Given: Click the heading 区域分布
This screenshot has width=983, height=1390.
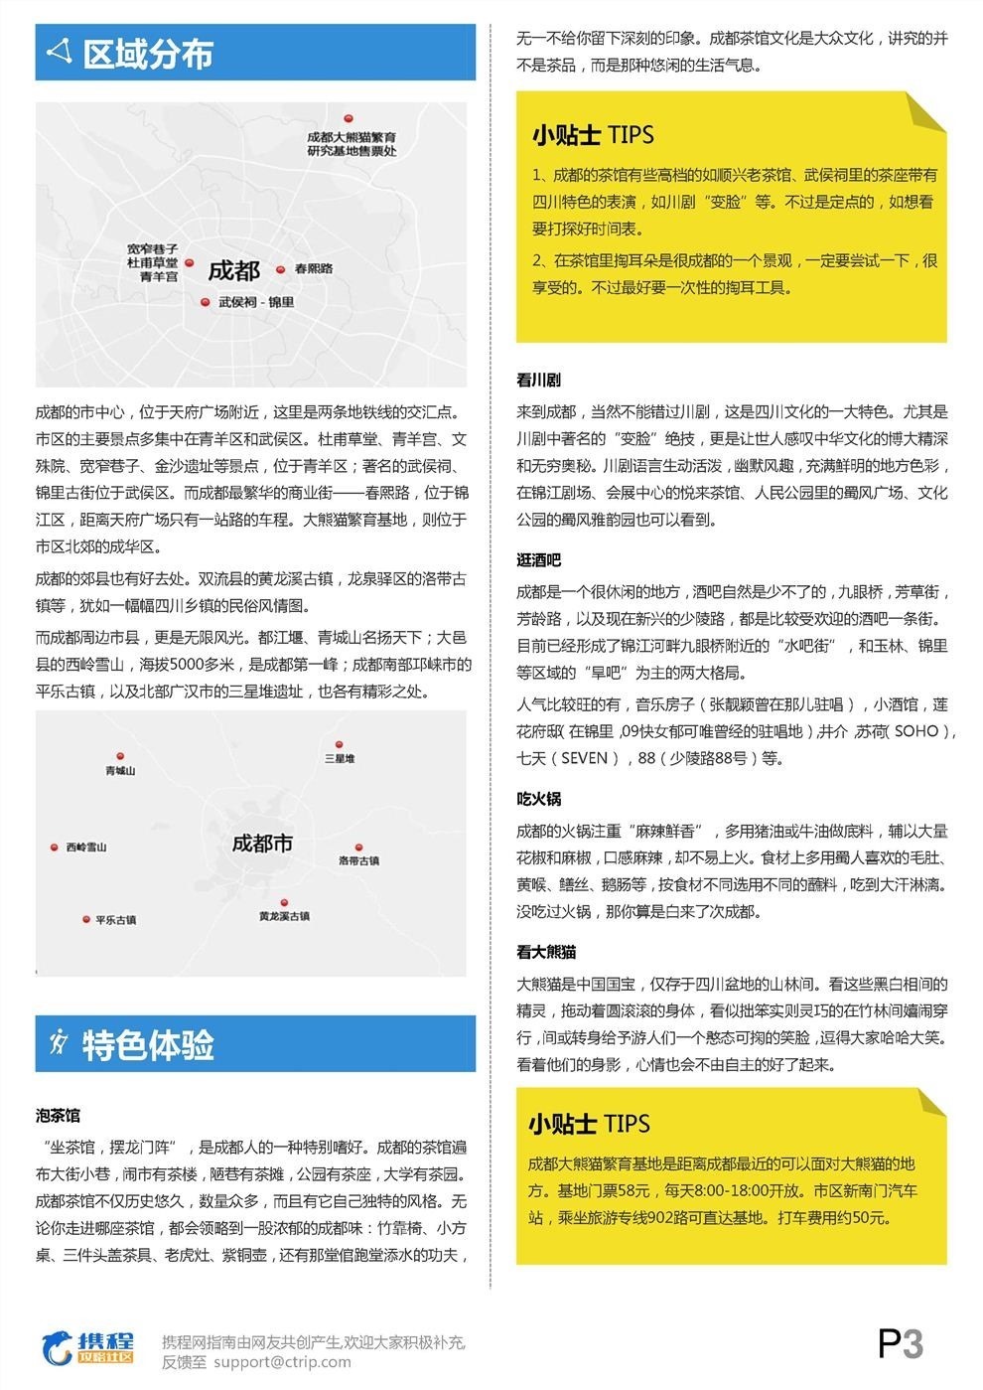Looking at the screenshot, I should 147,55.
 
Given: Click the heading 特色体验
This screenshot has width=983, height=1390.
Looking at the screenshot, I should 147,1045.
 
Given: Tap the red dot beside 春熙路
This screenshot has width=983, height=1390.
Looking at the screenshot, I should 281,269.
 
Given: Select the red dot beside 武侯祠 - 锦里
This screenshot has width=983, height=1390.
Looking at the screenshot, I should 206,302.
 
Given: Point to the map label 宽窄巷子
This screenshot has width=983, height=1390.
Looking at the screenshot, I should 152,248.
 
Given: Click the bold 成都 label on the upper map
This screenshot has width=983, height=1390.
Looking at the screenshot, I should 233,270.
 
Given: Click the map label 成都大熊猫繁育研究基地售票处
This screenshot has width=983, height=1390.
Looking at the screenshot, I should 351,143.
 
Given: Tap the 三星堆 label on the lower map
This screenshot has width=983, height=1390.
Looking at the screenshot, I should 339,758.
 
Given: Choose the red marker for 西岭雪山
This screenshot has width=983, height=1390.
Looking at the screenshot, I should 55,848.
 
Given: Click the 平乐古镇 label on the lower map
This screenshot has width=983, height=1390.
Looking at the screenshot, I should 115,920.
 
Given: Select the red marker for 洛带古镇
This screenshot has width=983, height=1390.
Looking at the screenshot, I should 360,848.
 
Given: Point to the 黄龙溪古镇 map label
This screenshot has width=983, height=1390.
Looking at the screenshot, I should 284,916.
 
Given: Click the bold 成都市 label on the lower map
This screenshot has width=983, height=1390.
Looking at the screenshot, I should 262,844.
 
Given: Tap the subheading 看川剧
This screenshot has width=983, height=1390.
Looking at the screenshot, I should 538,381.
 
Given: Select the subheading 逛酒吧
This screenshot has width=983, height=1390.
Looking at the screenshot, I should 538,561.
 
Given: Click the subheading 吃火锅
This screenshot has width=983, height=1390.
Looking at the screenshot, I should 538,799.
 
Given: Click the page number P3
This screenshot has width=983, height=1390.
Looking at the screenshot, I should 901,1344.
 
